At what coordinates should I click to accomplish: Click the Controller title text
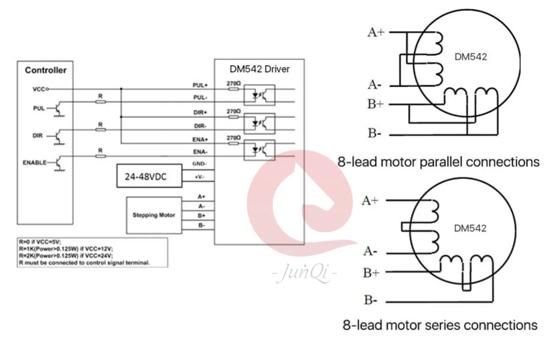click(x=46, y=70)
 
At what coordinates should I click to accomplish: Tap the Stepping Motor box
click(x=154, y=215)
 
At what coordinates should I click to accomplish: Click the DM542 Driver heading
click(x=259, y=69)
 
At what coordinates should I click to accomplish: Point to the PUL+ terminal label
click(x=200, y=85)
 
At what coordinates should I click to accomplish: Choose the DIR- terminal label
click(x=200, y=126)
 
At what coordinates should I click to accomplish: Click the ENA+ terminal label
click(x=200, y=140)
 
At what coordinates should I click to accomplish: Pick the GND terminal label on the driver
click(x=199, y=164)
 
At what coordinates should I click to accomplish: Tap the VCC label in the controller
click(x=39, y=89)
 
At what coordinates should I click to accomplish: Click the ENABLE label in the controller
click(x=35, y=163)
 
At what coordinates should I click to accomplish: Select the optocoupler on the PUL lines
click(x=260, y=95)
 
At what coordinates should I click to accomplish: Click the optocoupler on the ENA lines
click(x=260, y=150)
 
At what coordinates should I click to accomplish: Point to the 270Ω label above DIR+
click(x=234, y=111)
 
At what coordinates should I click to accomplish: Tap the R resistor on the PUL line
click(x=100, y=102)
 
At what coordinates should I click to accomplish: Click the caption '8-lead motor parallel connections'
click(x=438, y=162)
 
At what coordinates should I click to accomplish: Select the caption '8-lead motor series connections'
click(x=440, y=325)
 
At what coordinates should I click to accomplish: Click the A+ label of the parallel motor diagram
click(x=376, y=32)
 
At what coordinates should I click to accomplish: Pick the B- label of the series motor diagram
click(x=370, y=300)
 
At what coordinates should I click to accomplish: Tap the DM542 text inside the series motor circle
click(x=470, y=228)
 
